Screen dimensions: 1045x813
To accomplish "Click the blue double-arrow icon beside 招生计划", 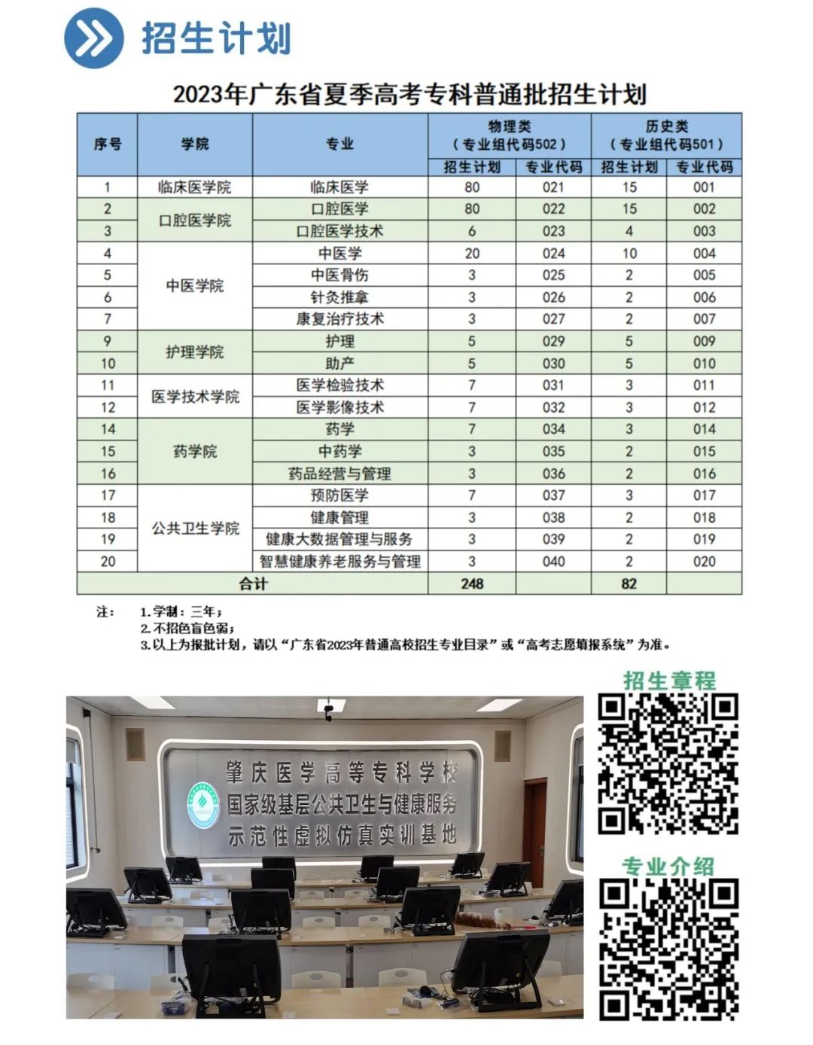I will click(93, 38).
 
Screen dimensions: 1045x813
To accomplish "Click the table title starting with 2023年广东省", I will click(410, 94).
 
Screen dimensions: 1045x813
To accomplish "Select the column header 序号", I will click(108, 144).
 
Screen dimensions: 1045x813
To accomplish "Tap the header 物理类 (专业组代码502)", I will click(510, 136).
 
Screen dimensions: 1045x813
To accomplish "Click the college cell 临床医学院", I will click(195, 187).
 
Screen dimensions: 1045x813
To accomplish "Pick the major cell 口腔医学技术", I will click(340, 231).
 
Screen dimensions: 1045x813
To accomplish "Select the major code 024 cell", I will click(553, 254).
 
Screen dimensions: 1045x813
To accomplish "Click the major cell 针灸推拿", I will click(340, 297).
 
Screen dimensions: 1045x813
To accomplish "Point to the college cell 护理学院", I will click(195, 352).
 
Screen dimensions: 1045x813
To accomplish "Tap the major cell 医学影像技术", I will click(340, 407).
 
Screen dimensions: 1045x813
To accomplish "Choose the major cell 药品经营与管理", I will click(340, 474).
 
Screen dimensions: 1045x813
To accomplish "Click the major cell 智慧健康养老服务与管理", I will click(340, 562).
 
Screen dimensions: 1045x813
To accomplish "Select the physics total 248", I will click(472, 583).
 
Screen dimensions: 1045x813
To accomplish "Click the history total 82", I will click(629, 583).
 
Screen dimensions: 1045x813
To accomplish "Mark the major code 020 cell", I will click(704, 562).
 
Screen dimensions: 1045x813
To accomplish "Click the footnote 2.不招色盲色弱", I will click(187, 628).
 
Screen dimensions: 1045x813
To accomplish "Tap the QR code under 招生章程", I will click(668, 764).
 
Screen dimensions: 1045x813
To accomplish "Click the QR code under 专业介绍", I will click(668, 950).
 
